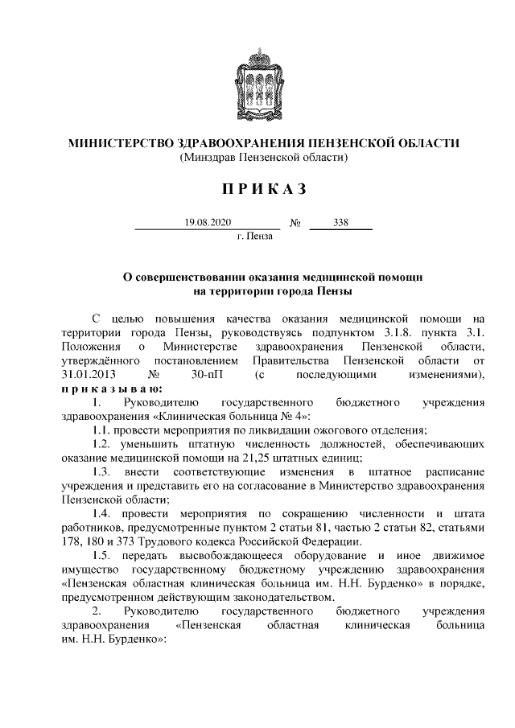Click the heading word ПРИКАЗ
coord(257,189)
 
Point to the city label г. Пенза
coord(255,236)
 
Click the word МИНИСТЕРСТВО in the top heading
coord(115,144)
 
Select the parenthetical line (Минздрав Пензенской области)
coord(257,158)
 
